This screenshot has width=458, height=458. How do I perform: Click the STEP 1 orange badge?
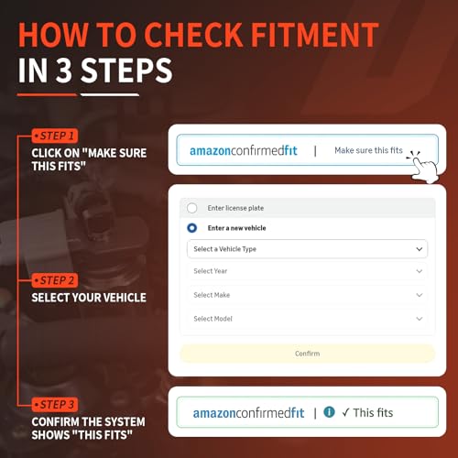pyautogui.click(x=55, y=136)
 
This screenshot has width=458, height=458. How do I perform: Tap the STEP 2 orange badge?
pyautogui.click(x=55, y=280)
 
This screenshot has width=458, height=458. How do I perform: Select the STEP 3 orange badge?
pyautogui.click(x=55, y=405)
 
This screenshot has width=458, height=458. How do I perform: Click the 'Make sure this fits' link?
pyautogui.click(x=368, y=150)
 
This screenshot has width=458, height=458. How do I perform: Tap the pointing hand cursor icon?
pyautogui.click(x=423, y=167)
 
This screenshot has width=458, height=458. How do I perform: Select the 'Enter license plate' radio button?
pyautogui.click(x=191, y=208)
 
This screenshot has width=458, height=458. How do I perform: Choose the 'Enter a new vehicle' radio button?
pyautogui.click(x=191, y=228)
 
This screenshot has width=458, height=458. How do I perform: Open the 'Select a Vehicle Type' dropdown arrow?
pyautogui.click(x=420, y=249)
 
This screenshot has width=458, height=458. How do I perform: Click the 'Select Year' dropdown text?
pyautogui.click(x=211, y=271)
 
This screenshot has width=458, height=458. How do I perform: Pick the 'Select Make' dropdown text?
pyautogui.click(x=212, y=295)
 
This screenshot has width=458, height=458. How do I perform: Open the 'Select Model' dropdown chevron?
pyautogui.click(x=420, y=319)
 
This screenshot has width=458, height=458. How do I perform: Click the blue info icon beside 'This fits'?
pyautogui.click(x=329, y=412)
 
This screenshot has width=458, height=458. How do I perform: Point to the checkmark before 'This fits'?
pyautogui.click(x=345, y=413)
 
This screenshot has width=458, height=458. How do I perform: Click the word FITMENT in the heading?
pyautogui.click(x=315, y=35)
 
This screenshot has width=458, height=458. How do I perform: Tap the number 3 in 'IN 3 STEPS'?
pyautogui.click(x=64, y=71)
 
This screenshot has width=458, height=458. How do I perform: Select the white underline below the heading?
pyautogui.click(x=110, y=95)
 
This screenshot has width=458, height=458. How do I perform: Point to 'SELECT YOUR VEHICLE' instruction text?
pyautogui.click(x=89, y=298)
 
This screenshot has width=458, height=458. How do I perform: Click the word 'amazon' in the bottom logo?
pyautogui.click(x=214, y=413)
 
